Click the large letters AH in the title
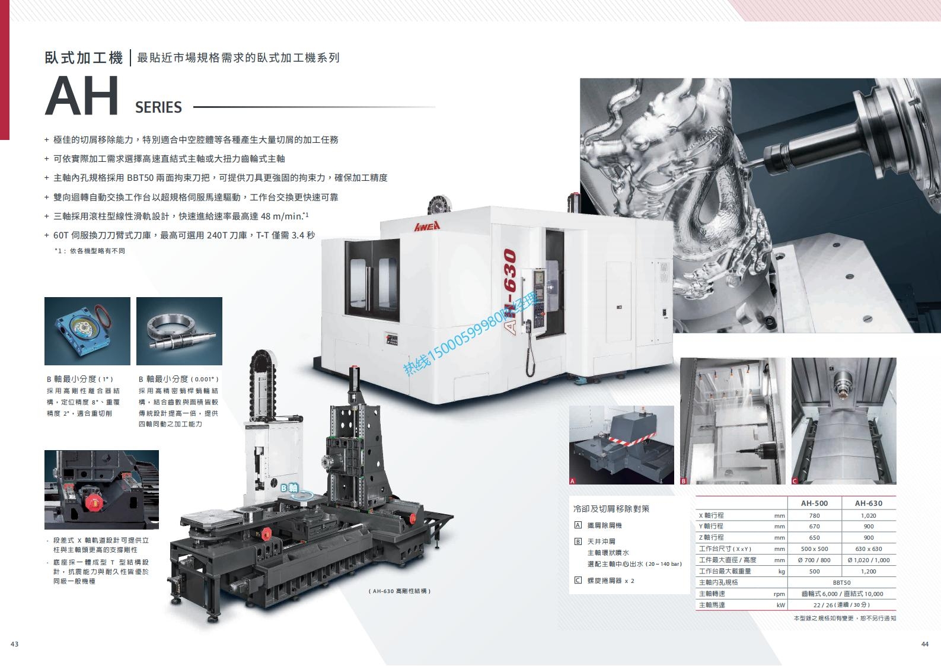81,96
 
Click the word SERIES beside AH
158,107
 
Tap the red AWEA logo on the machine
428,227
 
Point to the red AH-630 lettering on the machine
509,292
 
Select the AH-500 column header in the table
814,503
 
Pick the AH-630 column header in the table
868,503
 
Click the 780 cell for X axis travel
814,515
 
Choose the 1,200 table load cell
868,572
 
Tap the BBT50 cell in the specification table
841,582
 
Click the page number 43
14,644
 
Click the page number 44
924,644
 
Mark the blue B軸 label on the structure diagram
289,488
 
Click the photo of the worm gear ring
180,331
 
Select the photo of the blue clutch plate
87,331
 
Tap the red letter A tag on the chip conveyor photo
572,481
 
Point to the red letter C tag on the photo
795,481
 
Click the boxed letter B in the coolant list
578,541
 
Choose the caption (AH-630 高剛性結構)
400,591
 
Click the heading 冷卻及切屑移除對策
611,509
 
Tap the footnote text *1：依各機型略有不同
90,251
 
